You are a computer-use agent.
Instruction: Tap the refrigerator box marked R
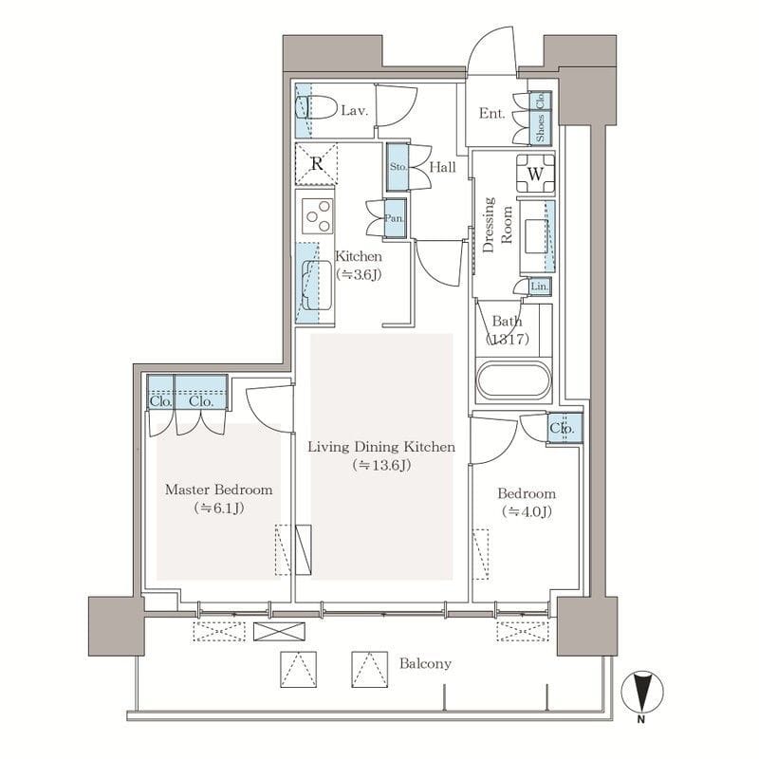(317, 163)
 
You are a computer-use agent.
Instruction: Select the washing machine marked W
(535, 174)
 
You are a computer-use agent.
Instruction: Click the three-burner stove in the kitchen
(318, 216)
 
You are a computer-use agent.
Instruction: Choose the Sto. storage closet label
(398, 167)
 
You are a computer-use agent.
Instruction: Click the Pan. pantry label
(395, 218)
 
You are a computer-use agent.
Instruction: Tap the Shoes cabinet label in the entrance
(540, 128)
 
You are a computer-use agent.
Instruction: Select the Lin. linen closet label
(539, 287)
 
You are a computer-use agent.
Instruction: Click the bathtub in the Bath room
(514, 380)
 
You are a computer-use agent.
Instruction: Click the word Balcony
(425, 663)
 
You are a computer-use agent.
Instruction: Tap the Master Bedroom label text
(219, 490)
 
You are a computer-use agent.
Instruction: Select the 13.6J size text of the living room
(382, 465)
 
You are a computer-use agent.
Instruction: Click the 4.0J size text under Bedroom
(527, 511)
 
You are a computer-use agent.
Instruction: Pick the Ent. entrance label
(491, 113)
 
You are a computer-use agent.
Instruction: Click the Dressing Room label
(497, 225)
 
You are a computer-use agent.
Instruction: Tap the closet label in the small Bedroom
(562, 429)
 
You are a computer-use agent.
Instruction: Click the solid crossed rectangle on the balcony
(279, 631)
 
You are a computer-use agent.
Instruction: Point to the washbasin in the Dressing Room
(536, 235)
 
